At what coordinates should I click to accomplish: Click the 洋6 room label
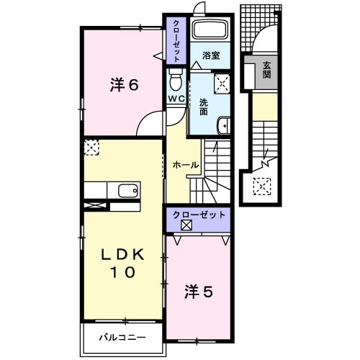pyautogui.click(x=124, y=84)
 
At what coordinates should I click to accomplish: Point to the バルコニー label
pyautogui.click(x=122, y=337)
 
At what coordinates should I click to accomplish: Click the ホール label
pyautogui.click(x=185, y=165)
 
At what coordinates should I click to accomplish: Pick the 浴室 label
pyautogui.click(x=210, y=55)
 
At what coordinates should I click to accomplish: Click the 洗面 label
pyautogui.click(x=204, y=107)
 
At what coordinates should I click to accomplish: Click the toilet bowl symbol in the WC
pyautogui.click(x=176, y=77)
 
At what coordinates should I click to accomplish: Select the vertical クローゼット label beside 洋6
pyautogui.click(x=176, y=40)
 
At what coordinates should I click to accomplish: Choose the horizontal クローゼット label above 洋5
pyautogui.click(x=199, y=215)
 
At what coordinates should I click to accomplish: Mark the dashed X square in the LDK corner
pyautogui.click(x=91, y=148)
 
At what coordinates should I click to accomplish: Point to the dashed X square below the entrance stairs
pyautogui.click(x=261, y=187)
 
